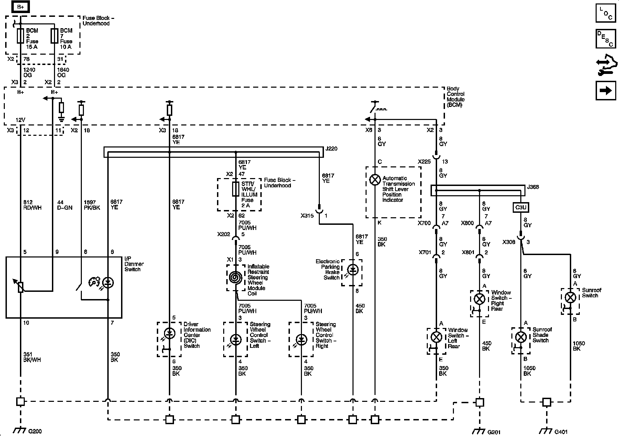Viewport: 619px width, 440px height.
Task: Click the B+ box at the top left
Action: (20, 7)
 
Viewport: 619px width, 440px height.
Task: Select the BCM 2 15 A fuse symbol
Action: (20, 36)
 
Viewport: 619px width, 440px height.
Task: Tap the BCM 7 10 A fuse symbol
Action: (54, 36)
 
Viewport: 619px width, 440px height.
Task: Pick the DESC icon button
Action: (606, 38)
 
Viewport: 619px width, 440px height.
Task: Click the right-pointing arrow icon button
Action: (606, 90)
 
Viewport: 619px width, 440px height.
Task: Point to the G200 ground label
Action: (35, 431)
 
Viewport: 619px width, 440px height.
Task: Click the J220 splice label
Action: (332, 149)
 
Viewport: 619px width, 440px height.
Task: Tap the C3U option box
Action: (521, 208)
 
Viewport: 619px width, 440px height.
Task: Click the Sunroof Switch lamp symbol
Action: (570, 298)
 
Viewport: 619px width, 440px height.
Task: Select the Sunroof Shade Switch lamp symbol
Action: (521, 337)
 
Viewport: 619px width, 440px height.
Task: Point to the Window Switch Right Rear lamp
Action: (479, 298)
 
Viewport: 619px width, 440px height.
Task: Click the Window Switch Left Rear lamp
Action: (436, 337)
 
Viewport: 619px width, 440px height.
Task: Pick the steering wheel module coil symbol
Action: (236, 277)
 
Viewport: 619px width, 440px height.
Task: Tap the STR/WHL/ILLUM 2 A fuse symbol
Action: (236, 189)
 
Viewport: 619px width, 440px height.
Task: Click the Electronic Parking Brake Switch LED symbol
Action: (352, 270)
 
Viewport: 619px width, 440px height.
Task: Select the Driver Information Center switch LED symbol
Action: (169, 333)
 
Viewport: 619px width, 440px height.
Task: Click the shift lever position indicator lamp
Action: (375, 180)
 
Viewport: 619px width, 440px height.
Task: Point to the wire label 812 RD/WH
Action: (32, 205)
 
